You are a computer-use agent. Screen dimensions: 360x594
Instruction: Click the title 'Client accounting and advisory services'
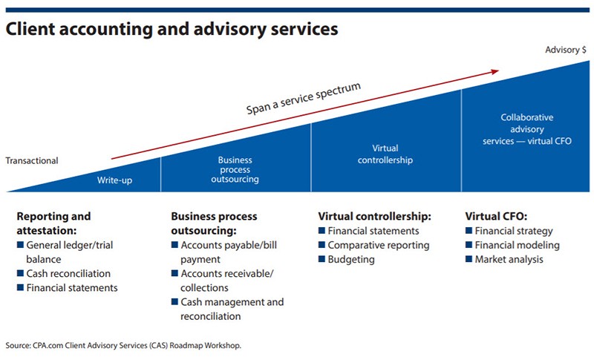pos(172,30)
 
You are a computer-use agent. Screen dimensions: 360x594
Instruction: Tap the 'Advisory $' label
pos(566,50)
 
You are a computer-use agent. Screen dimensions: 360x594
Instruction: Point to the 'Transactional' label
pos(31,160)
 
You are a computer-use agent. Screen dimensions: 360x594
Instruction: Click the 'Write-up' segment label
pos(115,180)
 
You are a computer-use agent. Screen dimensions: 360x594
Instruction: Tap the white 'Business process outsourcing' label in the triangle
pos(235,170)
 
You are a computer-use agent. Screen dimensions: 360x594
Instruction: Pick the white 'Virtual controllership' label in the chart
pos(385,154)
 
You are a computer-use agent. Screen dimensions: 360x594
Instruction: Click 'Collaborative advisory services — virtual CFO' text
pos(526,129)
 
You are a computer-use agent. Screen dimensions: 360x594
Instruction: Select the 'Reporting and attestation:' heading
pos(53,223)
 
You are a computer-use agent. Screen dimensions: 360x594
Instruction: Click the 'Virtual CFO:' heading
pos(495,217)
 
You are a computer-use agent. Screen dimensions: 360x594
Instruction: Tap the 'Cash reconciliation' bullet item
pos(68,274)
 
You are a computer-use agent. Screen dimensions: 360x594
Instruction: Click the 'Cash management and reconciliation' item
pos(231,309)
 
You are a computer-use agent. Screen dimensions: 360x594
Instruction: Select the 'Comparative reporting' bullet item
pos(378,245)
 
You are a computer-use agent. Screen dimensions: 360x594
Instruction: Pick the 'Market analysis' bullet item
pos(509,260)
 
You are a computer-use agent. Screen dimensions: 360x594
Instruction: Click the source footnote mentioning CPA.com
pos(123,346)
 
